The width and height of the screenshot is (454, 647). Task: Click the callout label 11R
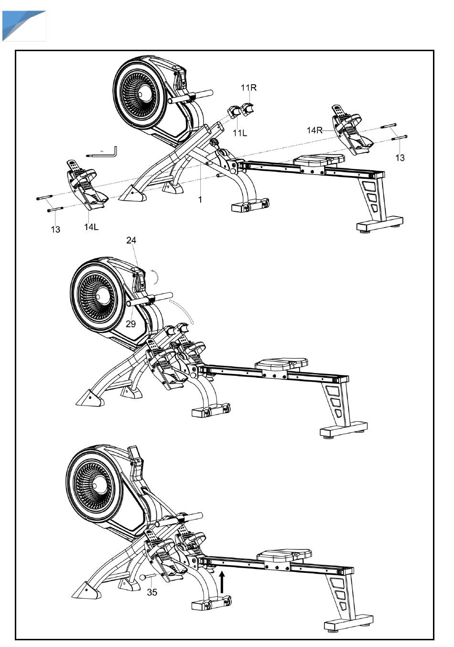click(249, 88)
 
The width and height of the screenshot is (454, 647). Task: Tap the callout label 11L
click(240, 133)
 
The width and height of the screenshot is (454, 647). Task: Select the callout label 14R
click(314, 130)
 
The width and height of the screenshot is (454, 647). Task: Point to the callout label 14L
click(91, 227)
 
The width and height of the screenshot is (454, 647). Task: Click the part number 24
click(131, 241)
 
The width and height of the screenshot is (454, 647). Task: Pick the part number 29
click(131, 324)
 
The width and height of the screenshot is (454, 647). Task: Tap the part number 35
click(152, 592)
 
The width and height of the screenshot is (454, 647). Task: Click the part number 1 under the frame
click(200, 199)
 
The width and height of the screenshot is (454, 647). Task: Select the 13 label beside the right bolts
click(400, 158)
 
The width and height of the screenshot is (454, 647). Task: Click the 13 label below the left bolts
click(55, 230)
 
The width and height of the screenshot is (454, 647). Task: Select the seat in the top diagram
click(319, 160)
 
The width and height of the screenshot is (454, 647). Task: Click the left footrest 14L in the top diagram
click(86, 185)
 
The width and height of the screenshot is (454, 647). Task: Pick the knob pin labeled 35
click(147, 577)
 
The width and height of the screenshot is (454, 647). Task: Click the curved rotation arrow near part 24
click(157, 277)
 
